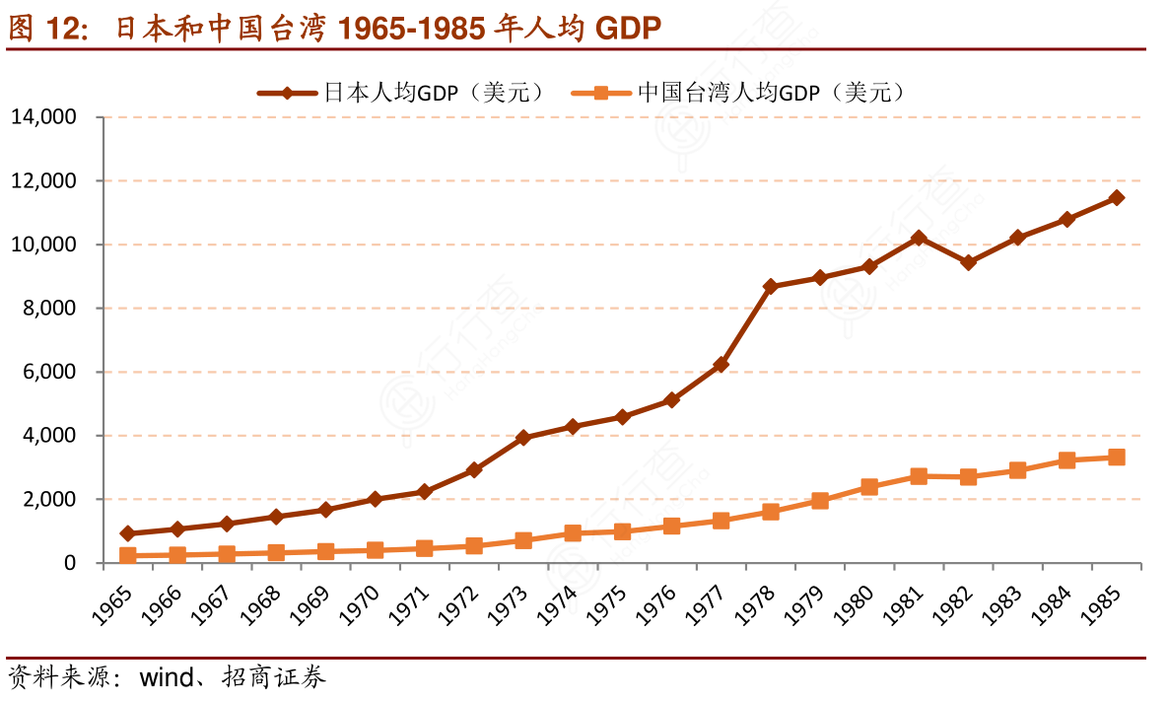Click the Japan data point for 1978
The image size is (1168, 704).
click(771, 286)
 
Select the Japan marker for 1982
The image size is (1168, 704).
click(969, 262)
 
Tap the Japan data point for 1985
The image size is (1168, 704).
click(1117, 197)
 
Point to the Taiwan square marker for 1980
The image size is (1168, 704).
click(869, 487)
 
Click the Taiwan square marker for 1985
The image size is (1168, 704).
click(1117, 458)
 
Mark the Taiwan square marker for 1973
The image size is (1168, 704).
click(523, 540)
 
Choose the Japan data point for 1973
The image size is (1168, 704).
click(523, 438)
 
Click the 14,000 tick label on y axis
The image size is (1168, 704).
click(43, 117)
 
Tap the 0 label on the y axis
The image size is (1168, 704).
click(70, 564)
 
